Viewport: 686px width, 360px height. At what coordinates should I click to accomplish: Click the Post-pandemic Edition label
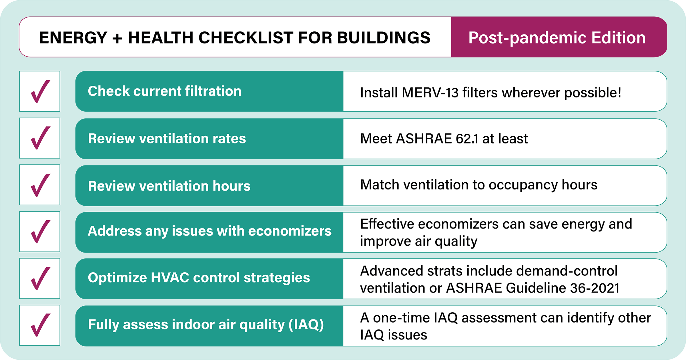[557, 38]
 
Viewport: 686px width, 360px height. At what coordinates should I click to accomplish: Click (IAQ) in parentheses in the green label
[306, 325]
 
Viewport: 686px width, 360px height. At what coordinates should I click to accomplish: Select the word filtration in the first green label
[213, 91]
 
